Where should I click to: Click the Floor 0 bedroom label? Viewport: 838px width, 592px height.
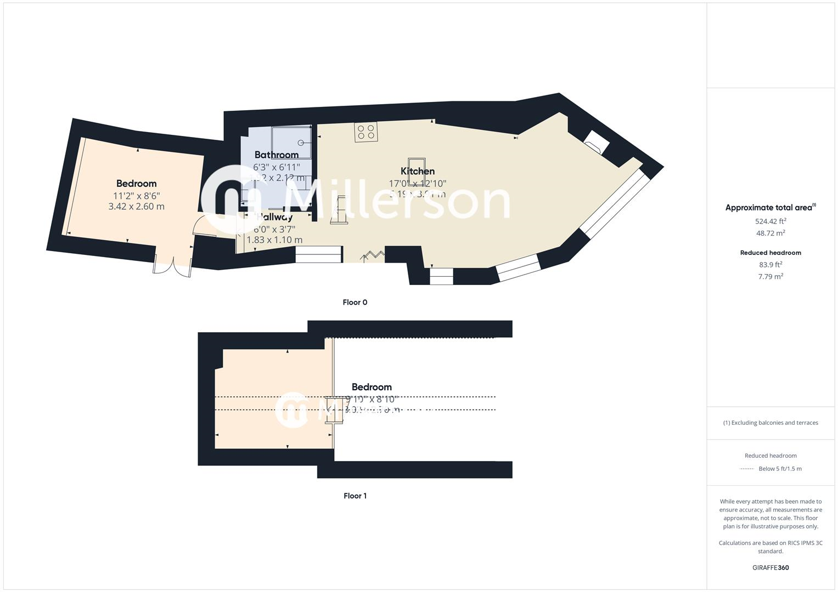136,184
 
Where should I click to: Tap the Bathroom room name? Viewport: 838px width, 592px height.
277,155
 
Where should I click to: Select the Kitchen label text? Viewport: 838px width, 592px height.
418,171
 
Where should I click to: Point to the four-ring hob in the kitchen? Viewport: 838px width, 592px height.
365,132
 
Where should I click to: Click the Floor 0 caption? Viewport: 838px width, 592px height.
355,302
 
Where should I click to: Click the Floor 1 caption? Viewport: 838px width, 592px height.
355,496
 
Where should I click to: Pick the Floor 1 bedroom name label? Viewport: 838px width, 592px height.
372,387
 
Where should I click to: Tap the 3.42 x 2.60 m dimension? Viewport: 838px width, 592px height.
136,207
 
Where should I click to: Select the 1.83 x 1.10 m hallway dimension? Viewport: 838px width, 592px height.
274,240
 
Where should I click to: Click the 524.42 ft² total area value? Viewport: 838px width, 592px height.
770,221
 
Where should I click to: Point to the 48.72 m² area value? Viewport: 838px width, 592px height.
770,233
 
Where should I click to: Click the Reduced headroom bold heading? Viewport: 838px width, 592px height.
770,253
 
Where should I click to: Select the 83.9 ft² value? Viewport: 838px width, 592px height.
770,265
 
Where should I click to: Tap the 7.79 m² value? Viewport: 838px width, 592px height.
770,276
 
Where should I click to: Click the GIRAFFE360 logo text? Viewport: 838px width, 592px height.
770,567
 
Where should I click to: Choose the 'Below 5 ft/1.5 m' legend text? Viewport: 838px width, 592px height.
780,469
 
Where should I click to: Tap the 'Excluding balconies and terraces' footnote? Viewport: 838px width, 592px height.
770,423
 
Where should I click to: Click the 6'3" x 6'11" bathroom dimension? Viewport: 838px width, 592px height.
277,167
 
